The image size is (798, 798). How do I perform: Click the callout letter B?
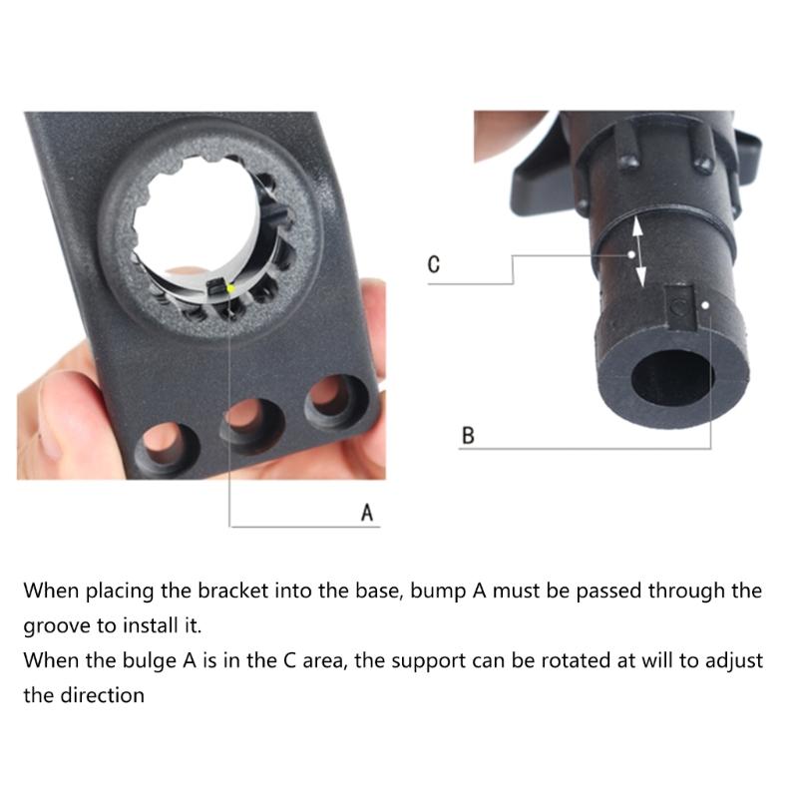(x=468, y=435)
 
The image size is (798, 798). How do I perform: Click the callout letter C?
(x=433, y=265)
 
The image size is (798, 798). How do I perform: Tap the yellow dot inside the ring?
(x=230, y=288)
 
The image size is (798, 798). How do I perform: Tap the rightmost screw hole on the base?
(x=326, y=398)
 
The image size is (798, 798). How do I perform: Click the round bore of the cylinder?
(x=675, y=380)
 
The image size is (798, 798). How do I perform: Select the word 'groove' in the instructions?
(x=59, y=627)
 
